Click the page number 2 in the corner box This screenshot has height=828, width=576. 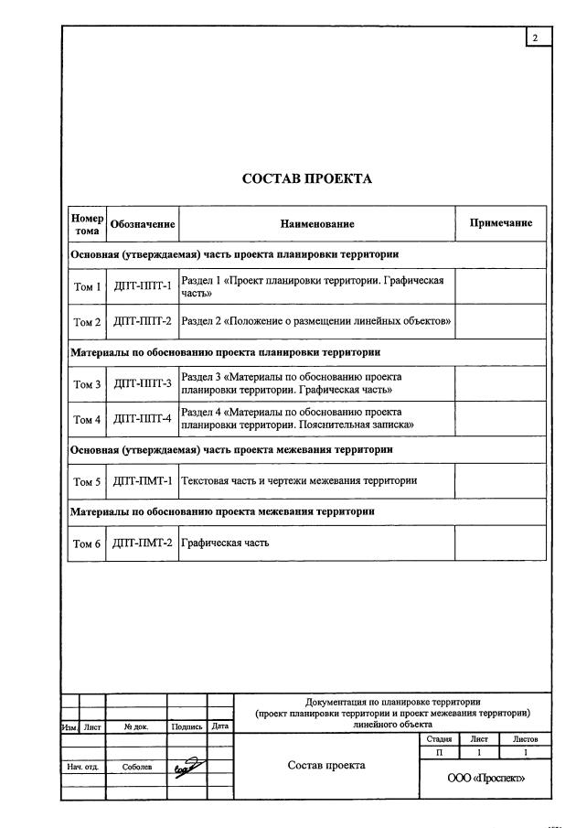(535, 37)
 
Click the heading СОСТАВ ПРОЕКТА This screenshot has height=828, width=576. (306, 178)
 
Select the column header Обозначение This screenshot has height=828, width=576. (142, 224)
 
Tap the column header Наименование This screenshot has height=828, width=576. (317, 224)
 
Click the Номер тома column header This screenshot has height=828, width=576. (87, 224)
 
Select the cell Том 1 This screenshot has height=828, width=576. (87, 287)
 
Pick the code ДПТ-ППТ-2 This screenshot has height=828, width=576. (142, 321)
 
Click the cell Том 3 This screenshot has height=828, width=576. (87, 384)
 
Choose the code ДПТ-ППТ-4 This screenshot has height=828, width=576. (142, 418)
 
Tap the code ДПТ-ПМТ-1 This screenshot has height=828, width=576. (142, 480)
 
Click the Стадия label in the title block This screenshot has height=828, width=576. (439, 738)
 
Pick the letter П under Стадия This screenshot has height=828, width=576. (439, 751)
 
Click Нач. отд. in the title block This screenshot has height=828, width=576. (83, 767)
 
